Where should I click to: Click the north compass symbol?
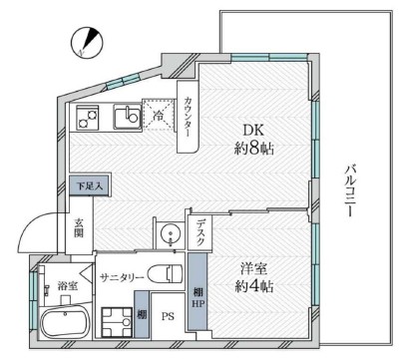pyautogui.click(x=87, y=42)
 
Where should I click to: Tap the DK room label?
pyautogui.click(x=253, y=131)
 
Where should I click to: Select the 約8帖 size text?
pyautogui.click(x=253, y=149)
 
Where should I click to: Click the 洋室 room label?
pyautogui.click(x=254, y=268)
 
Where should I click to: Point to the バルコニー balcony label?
pyautogui.click(x=348, y=191)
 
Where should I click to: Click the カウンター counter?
pyautogui.click(x=188, y=117)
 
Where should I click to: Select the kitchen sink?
pyautogui.click(x=128, y=117)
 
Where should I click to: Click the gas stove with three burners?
pyautogui.click(x=88, y=118)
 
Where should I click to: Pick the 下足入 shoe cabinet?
pyautogui.click(x=90, y=185)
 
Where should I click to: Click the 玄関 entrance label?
pyautogui.click(x=79, y=227)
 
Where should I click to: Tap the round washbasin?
pyautogui.click(x=170, y=232)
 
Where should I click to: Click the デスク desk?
pyautogui.click(x=200, y=232)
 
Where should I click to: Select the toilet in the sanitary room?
pyautogui.click(x=165, y=273)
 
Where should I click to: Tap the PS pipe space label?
pyautogui.click(x=168, y=316)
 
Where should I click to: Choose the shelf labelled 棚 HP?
pyautogui.click(x=198, y=292)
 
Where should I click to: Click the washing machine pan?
pyautogui.click(x=117, y=322)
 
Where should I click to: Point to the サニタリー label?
pyautogui.click(x=122, y=277)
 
